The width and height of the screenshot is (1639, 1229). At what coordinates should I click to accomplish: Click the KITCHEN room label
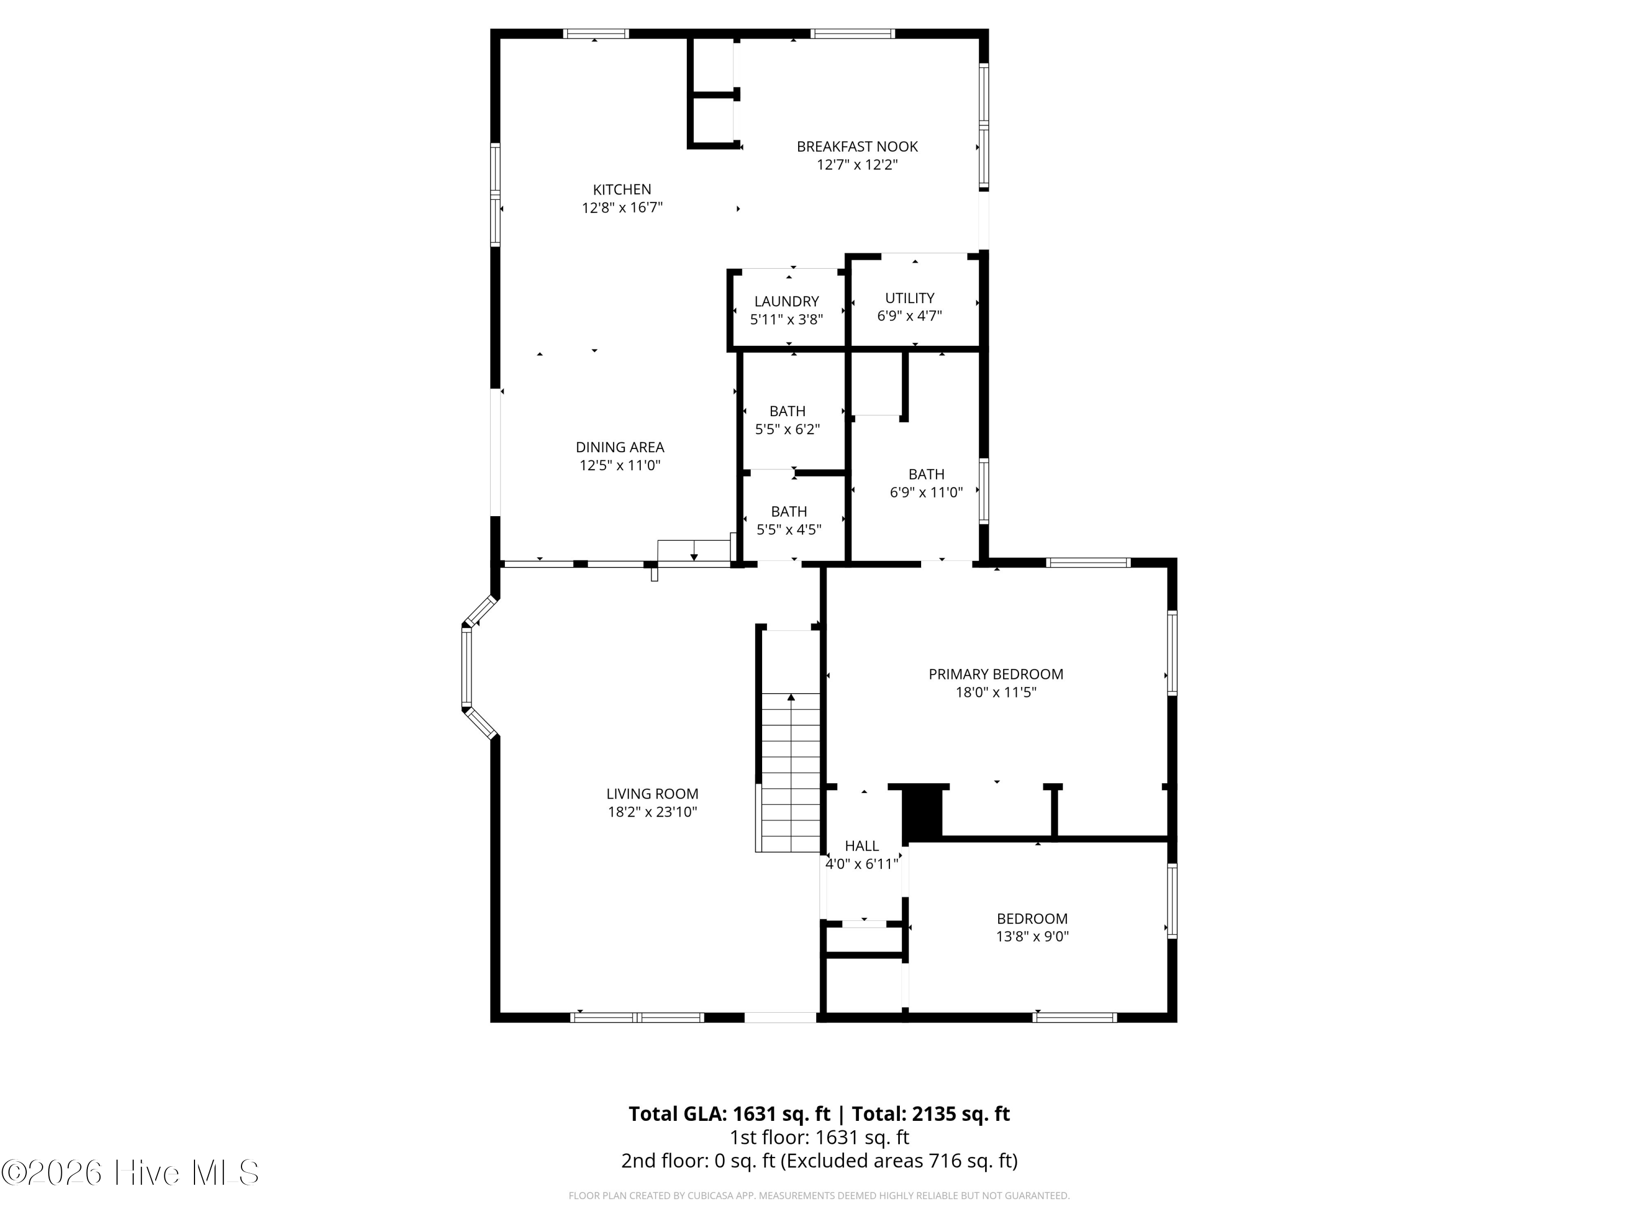pyautogui.click(x=622, y=190)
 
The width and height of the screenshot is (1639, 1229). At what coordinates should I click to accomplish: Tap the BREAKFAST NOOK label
pyautogui.click(x=857, y=147)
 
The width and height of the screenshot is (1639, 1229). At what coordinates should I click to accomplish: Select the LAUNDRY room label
pyautogui.click(x=786, y=302)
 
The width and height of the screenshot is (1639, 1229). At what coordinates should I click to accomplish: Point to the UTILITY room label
pyautogui.click(x=909, y=298)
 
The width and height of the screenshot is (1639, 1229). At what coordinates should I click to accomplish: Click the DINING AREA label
pyautogui.click(x=620, y=447)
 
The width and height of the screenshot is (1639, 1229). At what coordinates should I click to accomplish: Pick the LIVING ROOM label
pyautogui.click(x=652, y=794)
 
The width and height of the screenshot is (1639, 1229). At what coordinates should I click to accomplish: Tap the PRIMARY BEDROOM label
pyautogui.click(x=996, y=674)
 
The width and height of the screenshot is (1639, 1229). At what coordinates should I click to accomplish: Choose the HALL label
pyautogui.click(x=862, y=846)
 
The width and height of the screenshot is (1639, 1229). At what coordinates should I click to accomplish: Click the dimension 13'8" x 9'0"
pyautogui.click(x=1032, y=936)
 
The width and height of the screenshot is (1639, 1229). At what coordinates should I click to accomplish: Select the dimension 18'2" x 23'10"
pyautogui.click(x=652, y=812)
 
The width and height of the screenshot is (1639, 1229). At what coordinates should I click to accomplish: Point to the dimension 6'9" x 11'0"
pyautogui.click(x=926, y=492)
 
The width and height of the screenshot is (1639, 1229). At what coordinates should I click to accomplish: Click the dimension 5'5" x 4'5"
pyautogui.click(x=788, y=530)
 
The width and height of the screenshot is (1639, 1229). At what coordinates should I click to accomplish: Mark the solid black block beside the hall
pyautogui.click(x=922, y=812)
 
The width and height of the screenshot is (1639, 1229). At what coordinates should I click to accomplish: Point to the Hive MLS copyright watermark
pyautogui.click(x=131, y=1173)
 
